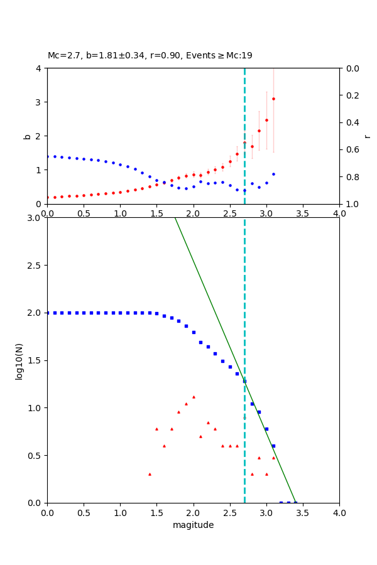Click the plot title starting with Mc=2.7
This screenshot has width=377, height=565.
150,56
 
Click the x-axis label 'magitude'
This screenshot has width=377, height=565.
193,525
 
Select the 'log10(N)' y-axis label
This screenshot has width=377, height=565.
19,360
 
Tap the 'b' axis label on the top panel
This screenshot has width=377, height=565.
27,136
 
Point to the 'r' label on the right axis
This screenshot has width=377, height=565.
367,136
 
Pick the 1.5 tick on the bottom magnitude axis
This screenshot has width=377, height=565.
156,513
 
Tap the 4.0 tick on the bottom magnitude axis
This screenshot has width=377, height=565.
339,513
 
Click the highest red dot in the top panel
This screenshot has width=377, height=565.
273,99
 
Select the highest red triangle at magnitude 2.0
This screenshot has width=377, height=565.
194,397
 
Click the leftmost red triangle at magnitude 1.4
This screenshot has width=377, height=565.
150,474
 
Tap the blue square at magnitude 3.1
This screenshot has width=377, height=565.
273,446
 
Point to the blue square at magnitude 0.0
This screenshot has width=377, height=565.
48,313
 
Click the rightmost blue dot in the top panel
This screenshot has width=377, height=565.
273,174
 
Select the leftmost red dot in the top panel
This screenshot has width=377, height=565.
48,197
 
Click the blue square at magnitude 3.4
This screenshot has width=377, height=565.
295,502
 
